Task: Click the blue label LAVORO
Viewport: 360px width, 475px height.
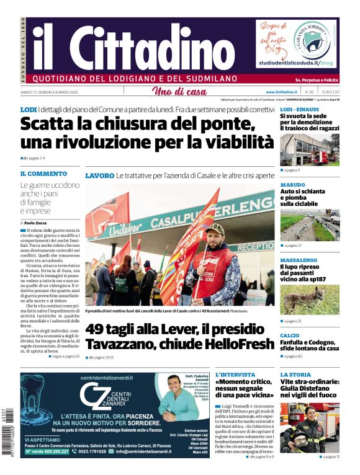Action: coord(99,176)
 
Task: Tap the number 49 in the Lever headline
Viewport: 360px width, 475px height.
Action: coord(99,329)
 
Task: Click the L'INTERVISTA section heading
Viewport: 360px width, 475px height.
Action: coord(235,375)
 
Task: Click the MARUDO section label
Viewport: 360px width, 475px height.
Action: coord(292,185)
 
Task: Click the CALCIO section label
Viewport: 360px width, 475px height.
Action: coord(289,335)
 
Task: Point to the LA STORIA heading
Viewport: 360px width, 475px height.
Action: coord(295,375)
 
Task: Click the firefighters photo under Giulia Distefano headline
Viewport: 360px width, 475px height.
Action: coord(309,428)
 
